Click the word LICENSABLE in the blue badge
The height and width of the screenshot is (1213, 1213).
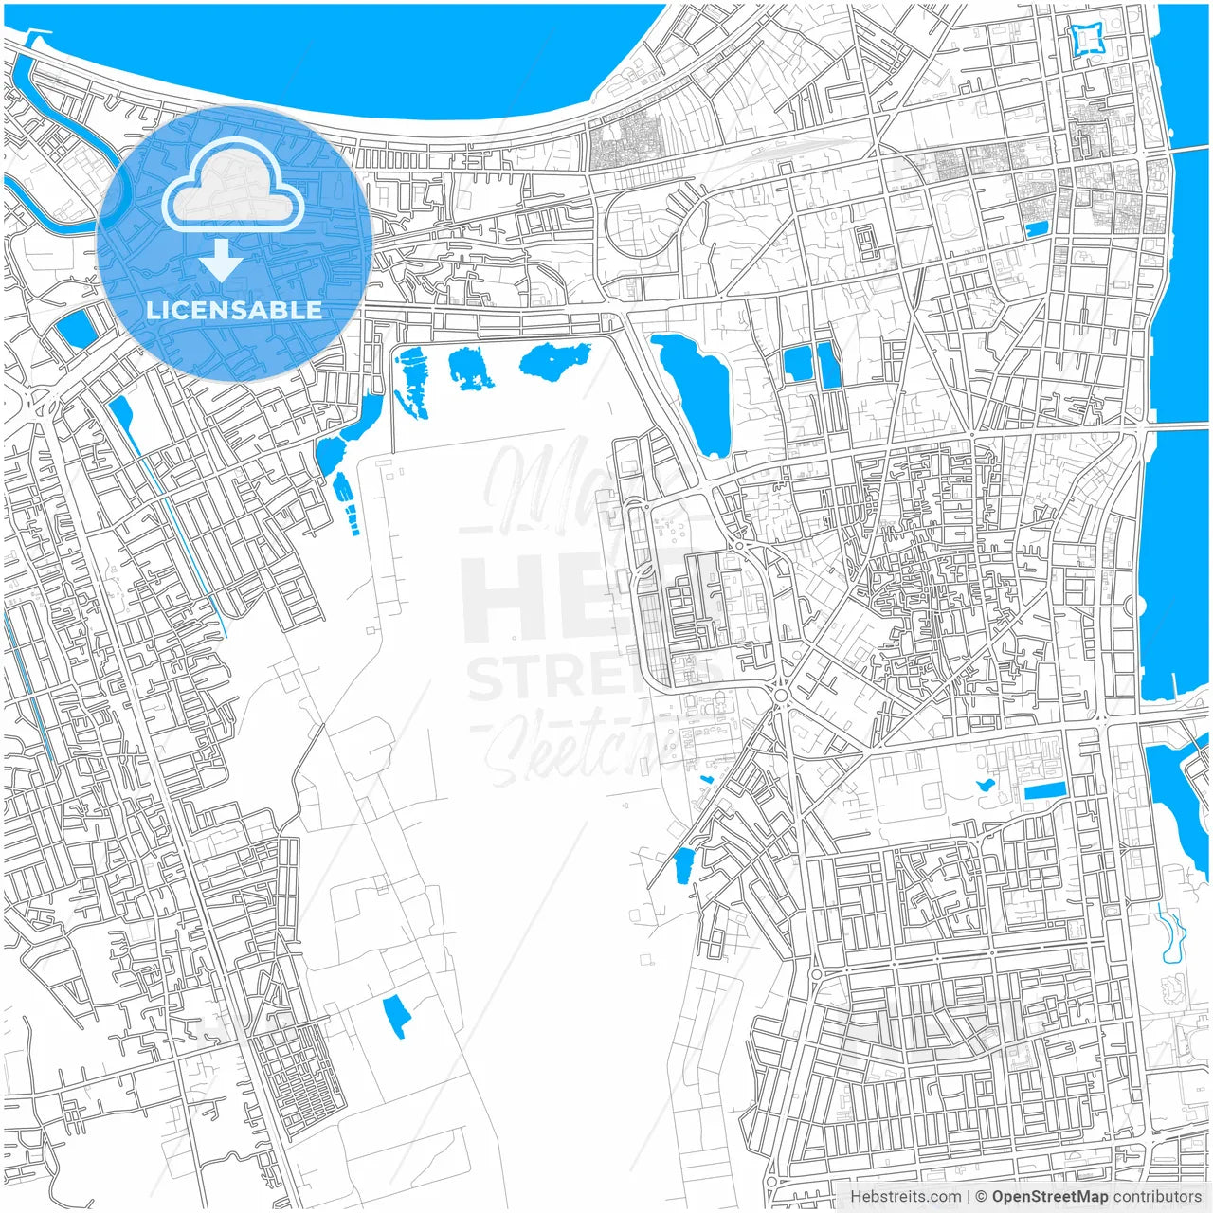coord(233,310)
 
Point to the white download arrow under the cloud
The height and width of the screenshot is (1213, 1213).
coord(221,259)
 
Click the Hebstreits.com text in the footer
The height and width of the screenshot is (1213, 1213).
coord(905,1197)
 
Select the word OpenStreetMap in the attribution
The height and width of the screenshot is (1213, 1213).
coord(1049,1197)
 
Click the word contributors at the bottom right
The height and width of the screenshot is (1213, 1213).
coord(1157,1197)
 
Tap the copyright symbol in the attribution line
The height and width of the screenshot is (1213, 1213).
coord(982,1197)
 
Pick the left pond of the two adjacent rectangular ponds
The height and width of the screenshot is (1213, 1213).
coord(797,364)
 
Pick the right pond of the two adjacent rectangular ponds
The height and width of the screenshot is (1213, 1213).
coord(829,365)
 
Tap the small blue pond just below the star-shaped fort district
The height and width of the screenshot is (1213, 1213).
coord(1037,228)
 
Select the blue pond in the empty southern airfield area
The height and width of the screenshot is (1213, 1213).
coord(396,1016)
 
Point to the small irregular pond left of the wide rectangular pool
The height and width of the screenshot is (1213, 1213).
coord(985,786)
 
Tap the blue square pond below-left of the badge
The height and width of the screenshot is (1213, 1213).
coord(75,327)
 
